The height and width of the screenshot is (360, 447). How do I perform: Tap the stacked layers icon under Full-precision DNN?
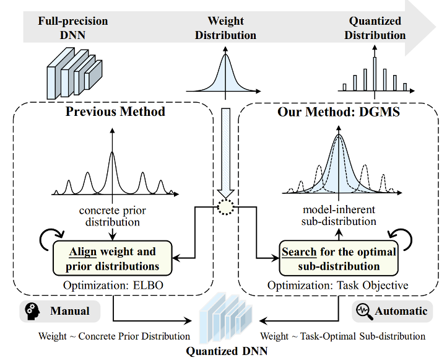pos(72,74)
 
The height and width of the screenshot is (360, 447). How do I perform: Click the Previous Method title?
pos(116,112)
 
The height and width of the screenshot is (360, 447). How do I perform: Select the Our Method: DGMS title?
pos(339,112)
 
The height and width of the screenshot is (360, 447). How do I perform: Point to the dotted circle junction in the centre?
pos(225,208)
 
